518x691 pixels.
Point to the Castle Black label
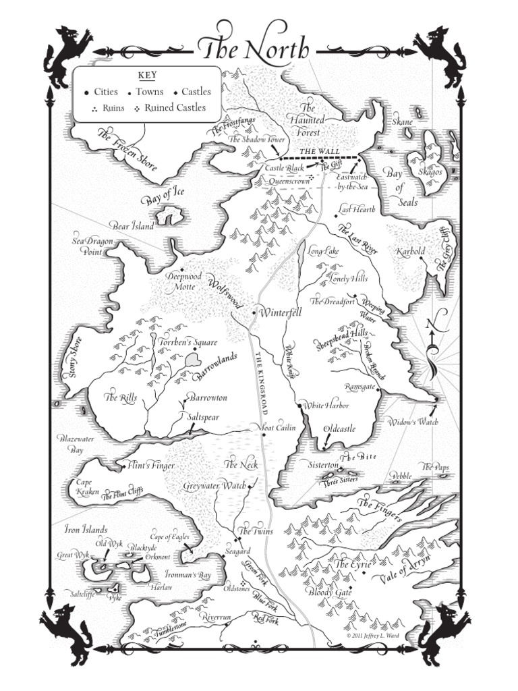tap(286, 167)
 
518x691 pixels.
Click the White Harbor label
tap(326, 406)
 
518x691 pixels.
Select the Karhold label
tap(411, 252)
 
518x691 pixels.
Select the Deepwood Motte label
tap(181, 281)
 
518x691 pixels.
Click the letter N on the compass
tap(430, 326)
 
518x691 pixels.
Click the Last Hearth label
tap(357, 209)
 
